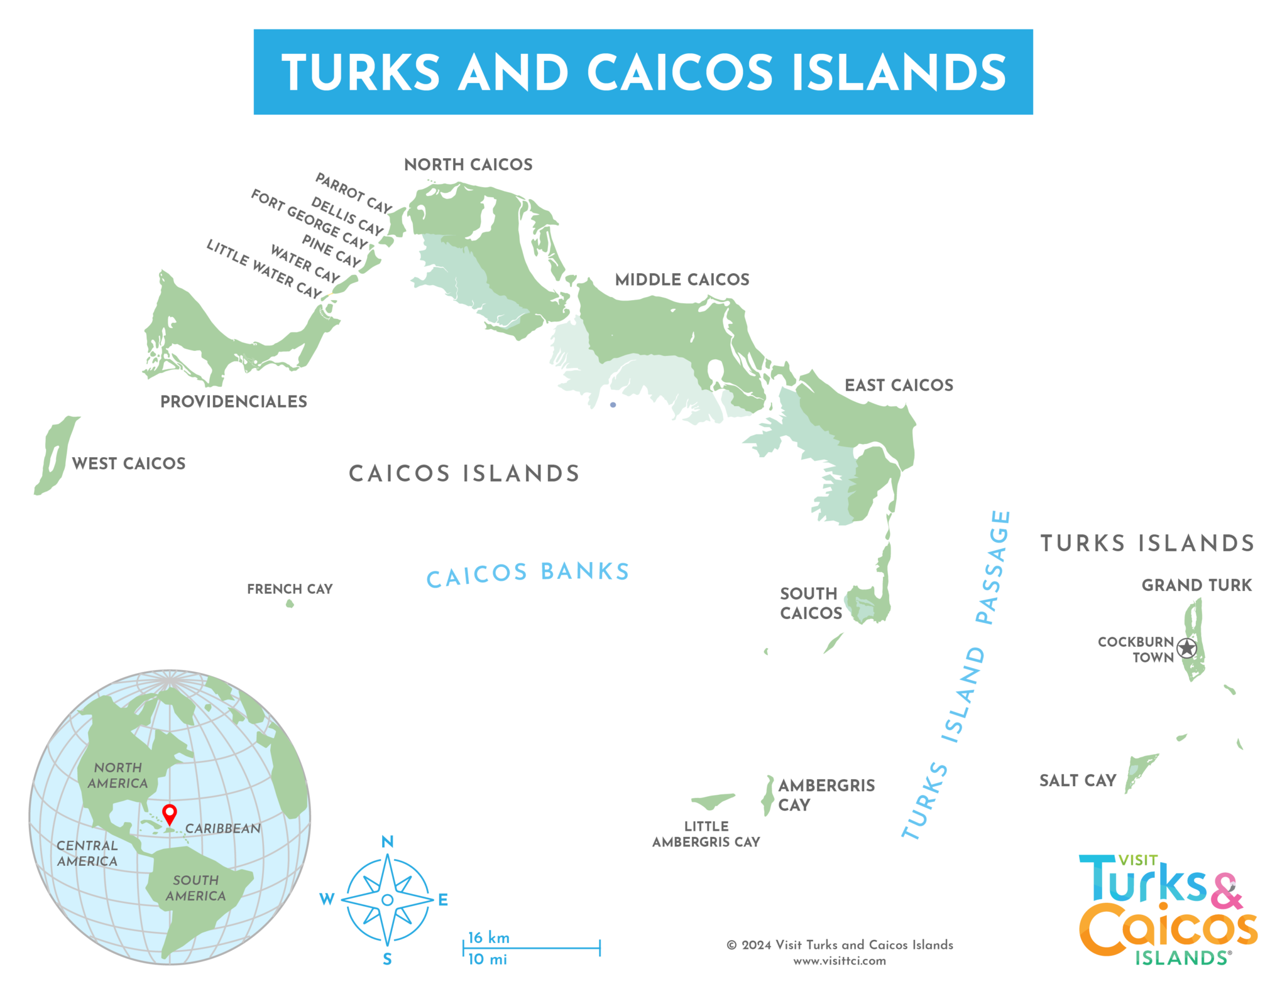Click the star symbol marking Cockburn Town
coord(1186,648)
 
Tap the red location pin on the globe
coord(170,813)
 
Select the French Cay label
coord(290,589)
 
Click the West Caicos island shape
coord(55,455)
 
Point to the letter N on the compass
coord(388,842)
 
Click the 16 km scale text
coord(489,937)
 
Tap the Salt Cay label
coord(1078,781)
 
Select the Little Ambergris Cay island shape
coord(713,801)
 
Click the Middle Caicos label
coord(682,279)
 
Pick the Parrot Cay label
coord(354,193)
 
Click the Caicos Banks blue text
coord(528,574)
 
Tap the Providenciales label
coord(234,402)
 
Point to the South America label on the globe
coord(195,888)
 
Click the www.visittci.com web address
coord(840,961)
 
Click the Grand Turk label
coord(1197,585)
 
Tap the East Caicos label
coord(899,385)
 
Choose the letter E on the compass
coord(443,900)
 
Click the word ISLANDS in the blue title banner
coord(899,72)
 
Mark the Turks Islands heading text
coord(1147,543)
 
